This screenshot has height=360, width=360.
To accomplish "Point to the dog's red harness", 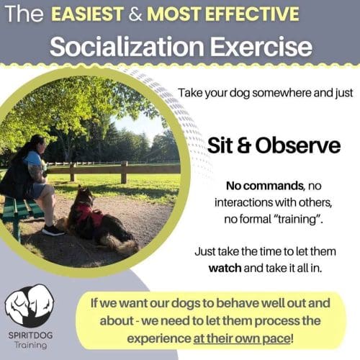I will point(91,214).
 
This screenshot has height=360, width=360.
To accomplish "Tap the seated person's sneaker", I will point(52,230).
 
